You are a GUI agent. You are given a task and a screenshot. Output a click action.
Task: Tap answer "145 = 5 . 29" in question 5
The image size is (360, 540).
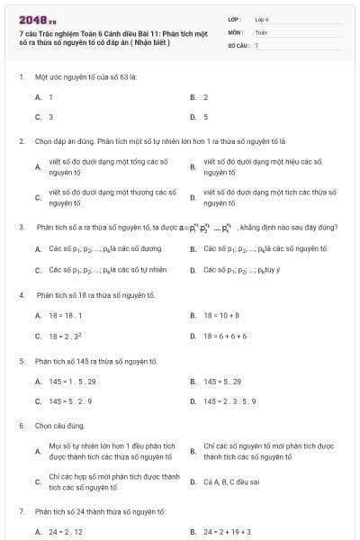click(222, 382)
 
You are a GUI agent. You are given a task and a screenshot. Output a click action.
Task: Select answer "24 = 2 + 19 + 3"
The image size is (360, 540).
click(227, 532)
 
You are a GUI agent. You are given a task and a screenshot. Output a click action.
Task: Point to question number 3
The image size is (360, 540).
click(21, 228)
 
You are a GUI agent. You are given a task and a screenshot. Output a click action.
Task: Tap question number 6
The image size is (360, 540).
click(21, 425)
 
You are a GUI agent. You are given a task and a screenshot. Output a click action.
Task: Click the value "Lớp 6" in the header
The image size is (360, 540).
click(262, 18)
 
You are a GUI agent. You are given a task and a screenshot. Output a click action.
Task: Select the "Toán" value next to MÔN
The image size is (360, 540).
click(261, 31)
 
